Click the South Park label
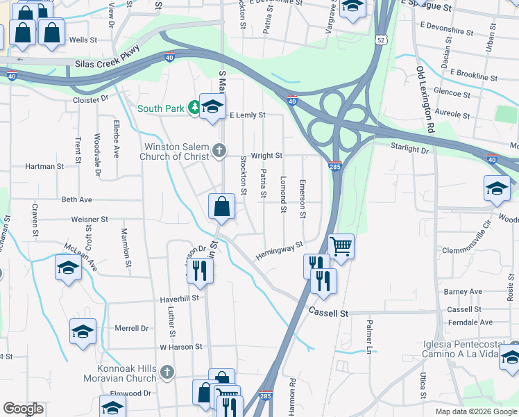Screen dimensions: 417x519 click(161, 108)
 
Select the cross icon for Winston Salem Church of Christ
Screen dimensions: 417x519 click(219, 150)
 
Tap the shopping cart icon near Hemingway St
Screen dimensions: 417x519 click(341, 246)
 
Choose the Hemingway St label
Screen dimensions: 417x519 click(280, 249)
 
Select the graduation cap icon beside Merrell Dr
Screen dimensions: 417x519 click(83, 332)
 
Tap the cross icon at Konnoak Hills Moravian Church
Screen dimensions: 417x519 click(167, 373)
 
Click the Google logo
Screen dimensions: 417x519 click(23, 409)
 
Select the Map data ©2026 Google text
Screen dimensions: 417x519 click(476, 411)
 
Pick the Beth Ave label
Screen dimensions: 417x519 click(76, 199)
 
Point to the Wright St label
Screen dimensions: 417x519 click(266, 156)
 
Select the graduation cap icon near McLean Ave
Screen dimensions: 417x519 click(68, 268)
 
